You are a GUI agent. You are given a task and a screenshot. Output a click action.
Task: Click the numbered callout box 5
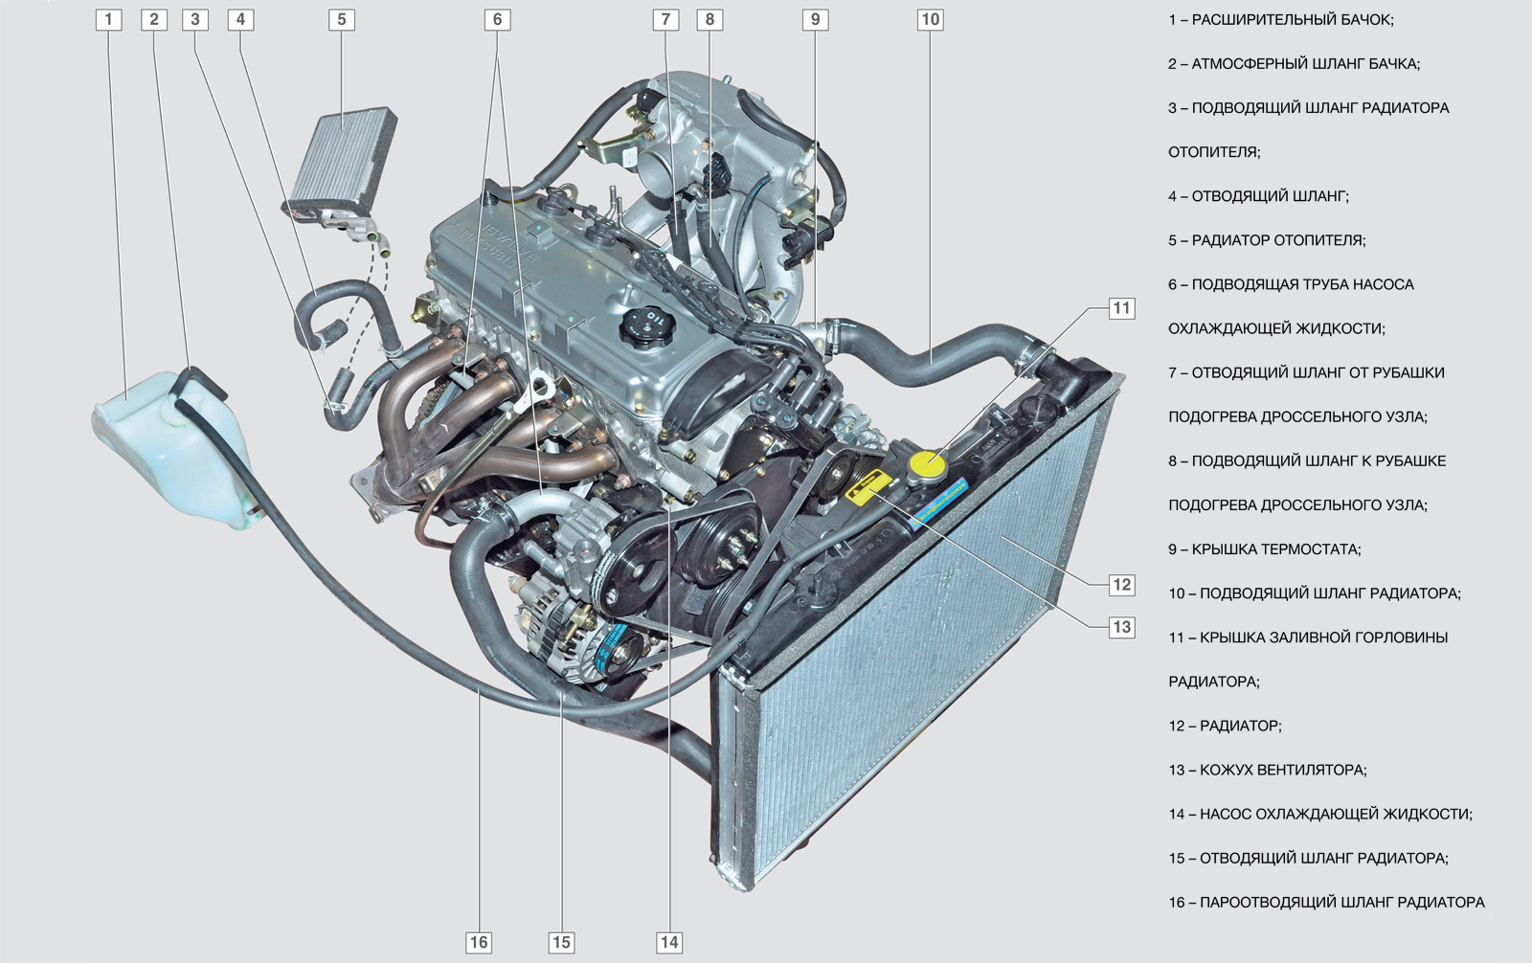click(x=342, y=20)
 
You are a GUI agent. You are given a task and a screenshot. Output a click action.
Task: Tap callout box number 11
click(x=1121, y=308)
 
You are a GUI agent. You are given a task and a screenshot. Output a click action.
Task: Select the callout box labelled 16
click(x=479, y=943)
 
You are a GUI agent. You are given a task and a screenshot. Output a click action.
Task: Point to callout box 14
click(x=669, y=943)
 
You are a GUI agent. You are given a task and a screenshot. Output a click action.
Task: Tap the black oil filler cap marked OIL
click(x=647, y=327)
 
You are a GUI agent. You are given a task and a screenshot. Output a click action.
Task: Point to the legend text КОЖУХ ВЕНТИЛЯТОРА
click(x=1282, y=771)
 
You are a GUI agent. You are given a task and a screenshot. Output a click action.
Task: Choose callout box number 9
click(x=815, y=20)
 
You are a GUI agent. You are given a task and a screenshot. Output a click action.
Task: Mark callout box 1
click(x=108, y=20)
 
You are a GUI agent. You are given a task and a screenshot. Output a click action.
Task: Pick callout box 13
click(x=1121, y=627)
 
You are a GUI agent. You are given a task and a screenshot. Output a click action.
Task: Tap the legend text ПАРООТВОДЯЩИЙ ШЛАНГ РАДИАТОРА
click(x=1341, y=903)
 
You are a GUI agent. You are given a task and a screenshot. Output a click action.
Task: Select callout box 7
click(x=665, y=20)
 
